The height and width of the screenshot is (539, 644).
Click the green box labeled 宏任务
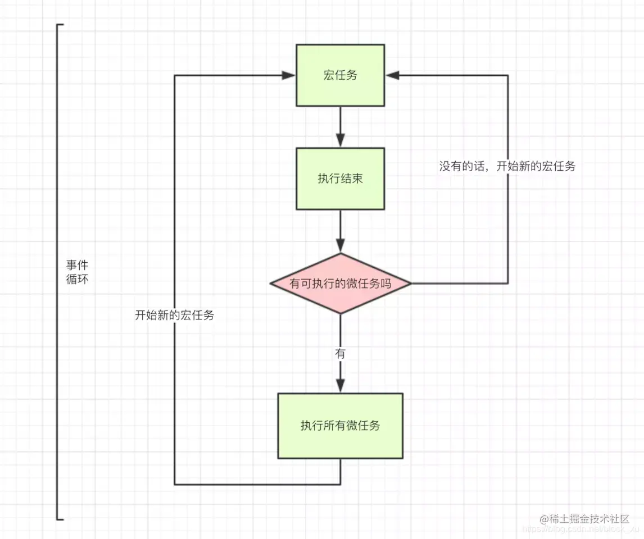[x=340, y=75]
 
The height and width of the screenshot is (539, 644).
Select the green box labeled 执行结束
[x=340, y=179]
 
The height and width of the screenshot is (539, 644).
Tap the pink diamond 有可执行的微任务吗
[x=340, y=284]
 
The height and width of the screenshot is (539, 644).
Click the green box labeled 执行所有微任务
[x=340, y=426]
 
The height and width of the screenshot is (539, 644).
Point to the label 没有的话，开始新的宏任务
[x=507, y=166]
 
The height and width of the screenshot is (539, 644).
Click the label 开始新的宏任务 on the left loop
[x=174, y=315]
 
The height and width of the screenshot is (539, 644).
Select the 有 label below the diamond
[x=340, y=354]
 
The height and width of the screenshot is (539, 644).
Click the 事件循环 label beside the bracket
[x=76, y=272]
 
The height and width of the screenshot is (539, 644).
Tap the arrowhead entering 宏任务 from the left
[x=290, y=75]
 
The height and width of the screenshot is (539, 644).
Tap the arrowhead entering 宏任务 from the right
[x=392, y=75]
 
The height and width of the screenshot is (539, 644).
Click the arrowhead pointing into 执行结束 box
[x=340, y=141]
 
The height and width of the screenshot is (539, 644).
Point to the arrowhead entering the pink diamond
[x=340, y=246]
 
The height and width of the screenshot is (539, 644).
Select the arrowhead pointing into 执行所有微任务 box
[x=340, y=386]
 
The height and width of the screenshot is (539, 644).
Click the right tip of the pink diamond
[x=410, y=284]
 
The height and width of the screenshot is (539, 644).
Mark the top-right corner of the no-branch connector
[x=508, y=75]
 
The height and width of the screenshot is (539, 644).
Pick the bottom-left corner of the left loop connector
[x=175, y=484]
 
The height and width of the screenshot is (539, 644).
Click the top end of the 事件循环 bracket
[x=58, y=25]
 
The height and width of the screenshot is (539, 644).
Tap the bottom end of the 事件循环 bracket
[x=58, y=519]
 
